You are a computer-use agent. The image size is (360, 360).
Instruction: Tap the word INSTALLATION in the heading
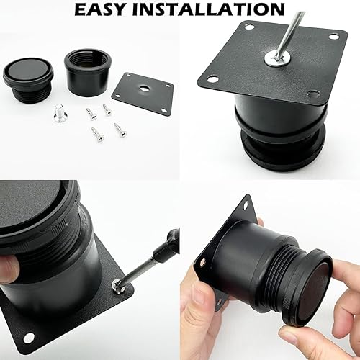point(208,9)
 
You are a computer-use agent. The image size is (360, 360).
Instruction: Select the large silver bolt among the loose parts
point(60,113)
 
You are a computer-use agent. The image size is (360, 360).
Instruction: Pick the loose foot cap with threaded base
point(28,80)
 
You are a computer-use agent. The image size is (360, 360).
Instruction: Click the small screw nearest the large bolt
point(91,114)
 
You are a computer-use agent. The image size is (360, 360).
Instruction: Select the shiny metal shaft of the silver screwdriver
point(292,35)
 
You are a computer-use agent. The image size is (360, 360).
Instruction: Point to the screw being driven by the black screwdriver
point(118,285)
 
